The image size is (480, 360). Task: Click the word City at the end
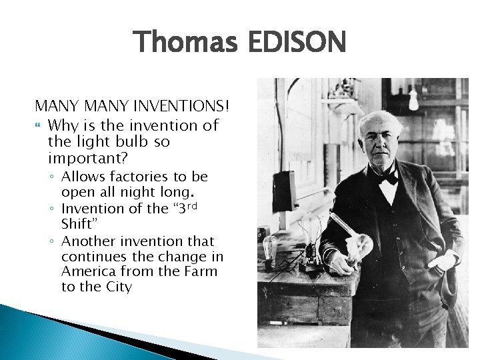click(x=119, y=287)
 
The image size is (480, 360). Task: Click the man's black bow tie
click(x=389, y=176)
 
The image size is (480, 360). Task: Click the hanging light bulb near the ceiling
click(x=413, y=99)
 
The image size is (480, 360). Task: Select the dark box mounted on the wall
click(x=285, y=190)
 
